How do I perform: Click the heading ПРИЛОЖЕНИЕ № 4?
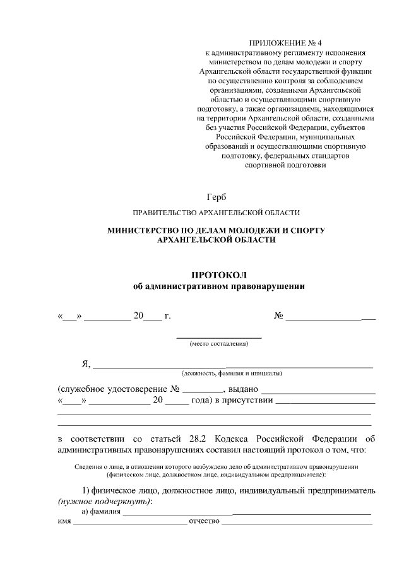pos(282,43)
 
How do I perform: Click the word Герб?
pos(216,198)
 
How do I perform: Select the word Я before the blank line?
pos(85,363)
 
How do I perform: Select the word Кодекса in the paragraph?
pos(231,439)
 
